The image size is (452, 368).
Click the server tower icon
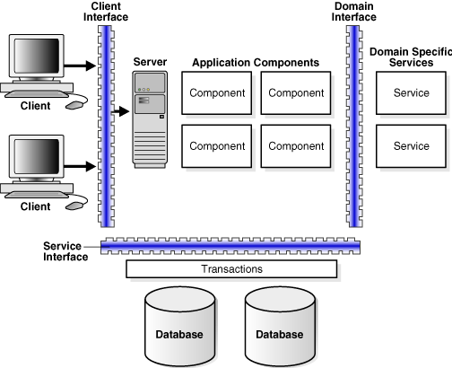(x=150, y=119)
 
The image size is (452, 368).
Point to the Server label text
(x=150, y=61)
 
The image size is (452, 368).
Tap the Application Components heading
(x=256, y=63)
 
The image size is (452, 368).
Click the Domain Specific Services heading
(x=410, y=57)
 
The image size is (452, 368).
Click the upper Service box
(x=412, y=93)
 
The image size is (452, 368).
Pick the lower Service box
(x=412, y=145)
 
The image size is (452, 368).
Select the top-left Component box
(x=217, y=93)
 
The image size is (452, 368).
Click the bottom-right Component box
(x=297, y=145)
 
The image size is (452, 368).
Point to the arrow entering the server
(x=120, y=112)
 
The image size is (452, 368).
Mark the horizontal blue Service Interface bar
(x=230, y=247)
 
